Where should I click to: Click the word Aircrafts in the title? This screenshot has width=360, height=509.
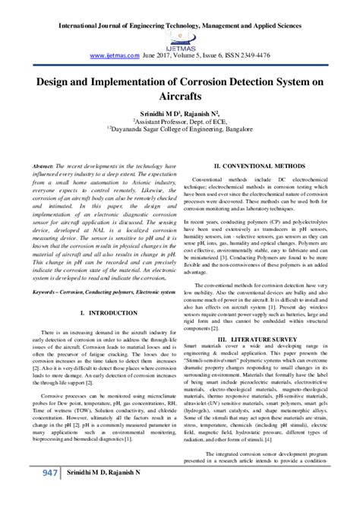tap(180, 97)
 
